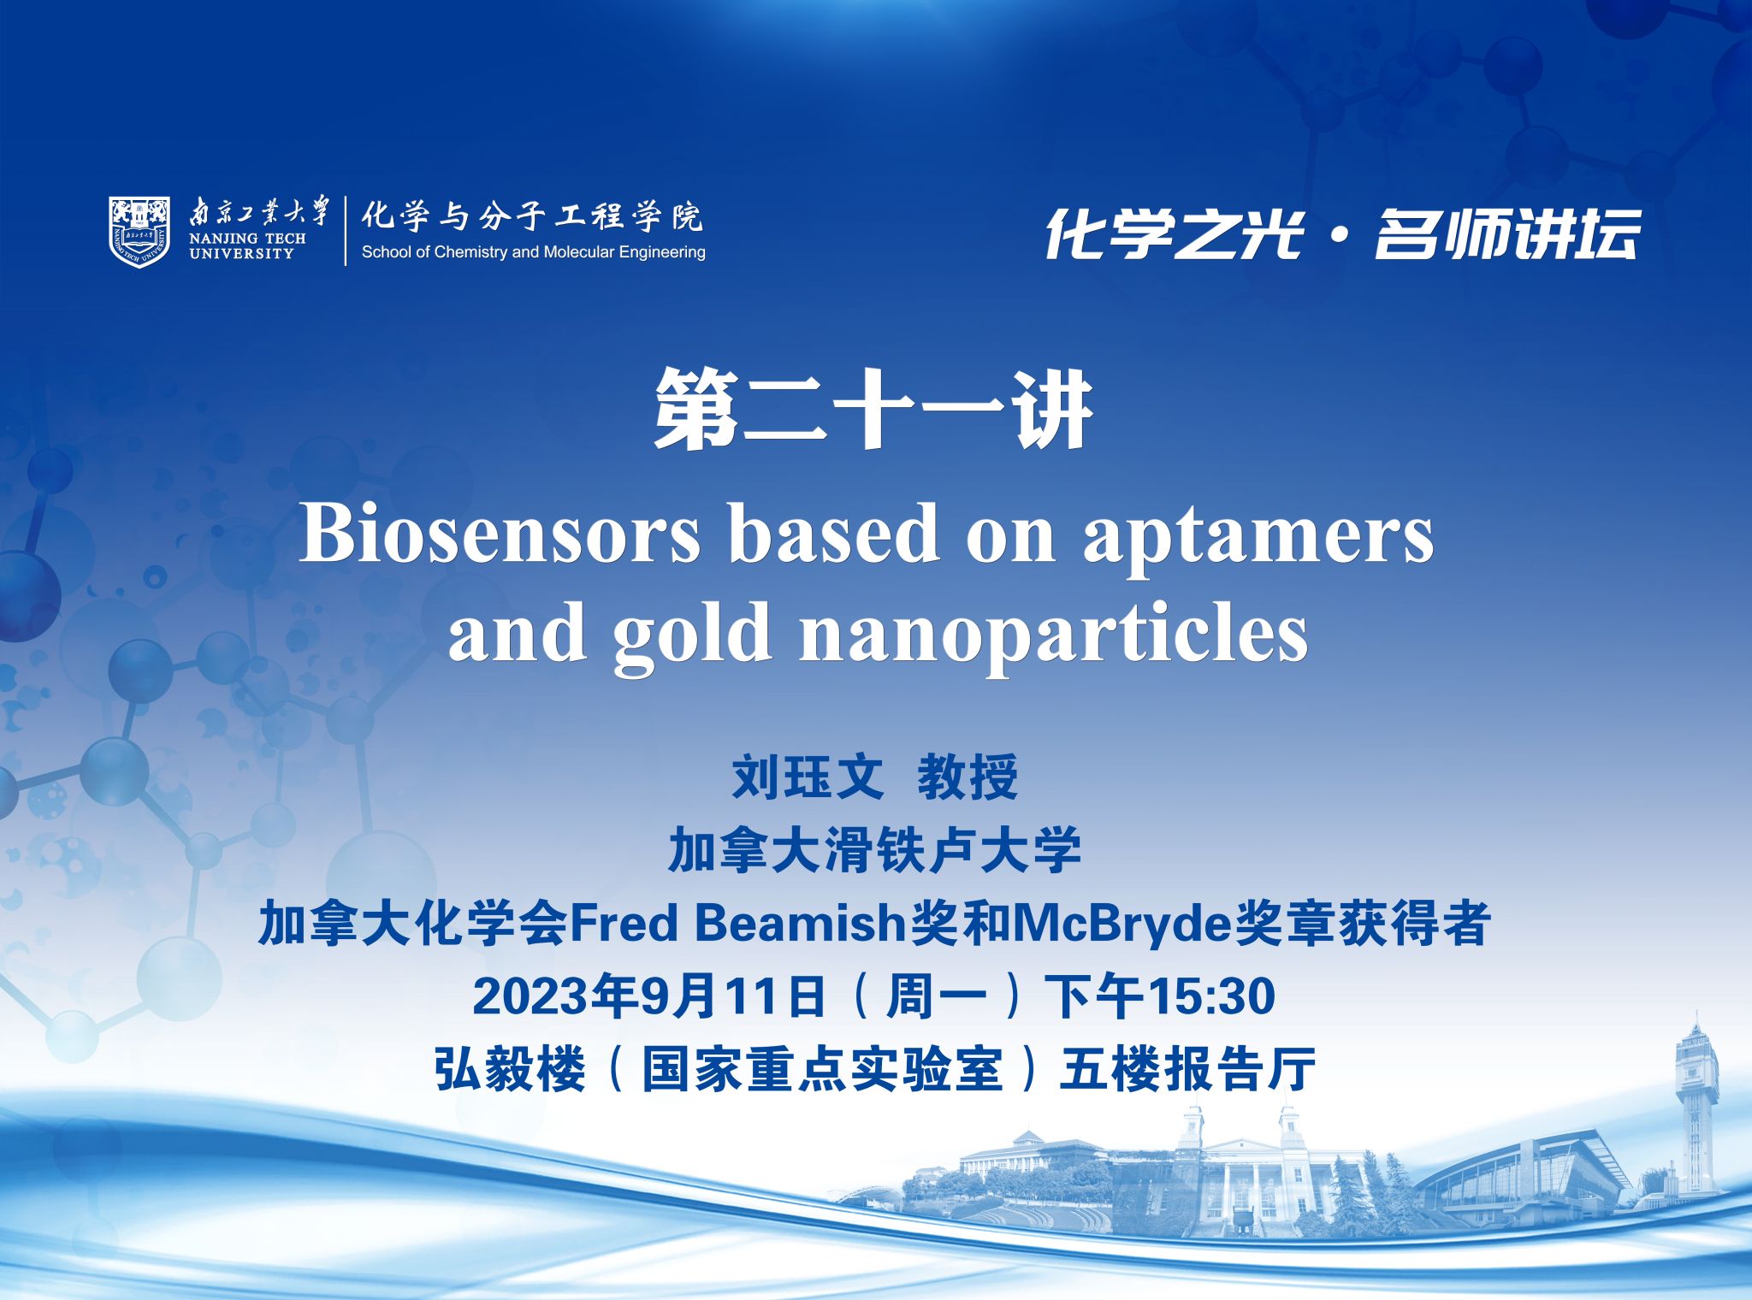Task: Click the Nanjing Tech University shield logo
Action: click(x=139, y=231)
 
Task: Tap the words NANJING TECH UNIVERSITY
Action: click(x=247, y=246)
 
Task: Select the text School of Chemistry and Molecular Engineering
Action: click(x=533, y=252)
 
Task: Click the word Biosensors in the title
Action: click(x=500, y=534)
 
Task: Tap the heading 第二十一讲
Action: click(x=873, y=410)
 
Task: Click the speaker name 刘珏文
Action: click(x=807, y=777)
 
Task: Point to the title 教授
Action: click(x=968, y=777)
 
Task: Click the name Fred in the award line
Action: click(x=624, y=923)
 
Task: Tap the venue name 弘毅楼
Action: click(x=510, y=1069)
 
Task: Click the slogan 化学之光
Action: click(x=1174, y=233)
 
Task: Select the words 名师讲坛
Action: click(x=1507, y=233)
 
